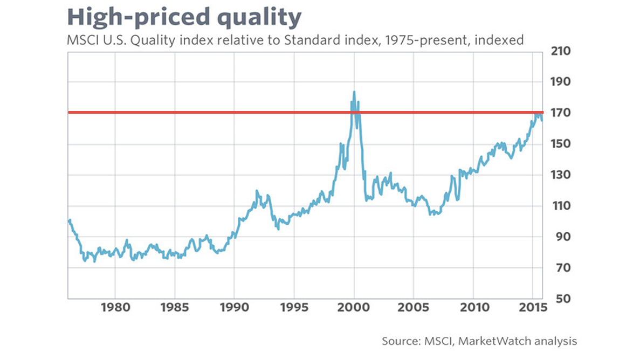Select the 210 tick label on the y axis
coord(560,52)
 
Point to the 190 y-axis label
coord(560,82)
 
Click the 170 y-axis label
coord(560,114)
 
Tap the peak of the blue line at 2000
coord(354,92)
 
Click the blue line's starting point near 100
coord(69,220)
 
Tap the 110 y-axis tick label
coord(560,206)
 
